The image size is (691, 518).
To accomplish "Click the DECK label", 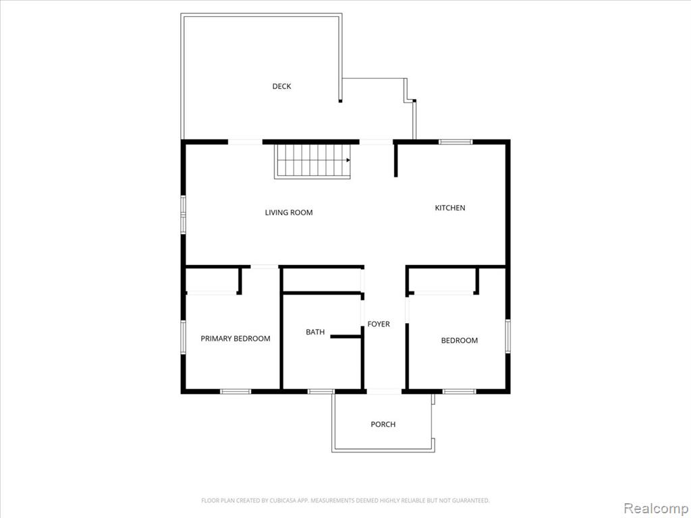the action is (281, 86).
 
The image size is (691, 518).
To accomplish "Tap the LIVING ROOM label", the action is (289, 212).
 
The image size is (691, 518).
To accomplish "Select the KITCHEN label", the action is (450, 208).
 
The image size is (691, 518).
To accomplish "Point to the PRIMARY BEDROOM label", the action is (236, 339).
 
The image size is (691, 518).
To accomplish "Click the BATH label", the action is (315, 332).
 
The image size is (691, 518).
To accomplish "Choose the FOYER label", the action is (379, 324).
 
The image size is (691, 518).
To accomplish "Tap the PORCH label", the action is (383, 424).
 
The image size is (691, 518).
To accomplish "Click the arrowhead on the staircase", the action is (348, 160).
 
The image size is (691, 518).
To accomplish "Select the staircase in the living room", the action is (312, 161).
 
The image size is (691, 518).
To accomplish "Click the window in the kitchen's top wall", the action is (455, 142).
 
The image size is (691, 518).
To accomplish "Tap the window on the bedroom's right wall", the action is (507, 336).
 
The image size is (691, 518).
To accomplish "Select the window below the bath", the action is (321, 391).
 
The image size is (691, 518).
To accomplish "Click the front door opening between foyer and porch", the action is (384, 391).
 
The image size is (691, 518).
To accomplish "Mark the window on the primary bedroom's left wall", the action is (184, 337).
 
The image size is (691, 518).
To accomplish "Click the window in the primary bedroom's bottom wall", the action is (236, 391).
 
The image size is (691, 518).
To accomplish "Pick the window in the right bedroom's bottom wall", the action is (459, 391).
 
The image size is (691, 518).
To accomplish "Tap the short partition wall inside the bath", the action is (346, 337).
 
